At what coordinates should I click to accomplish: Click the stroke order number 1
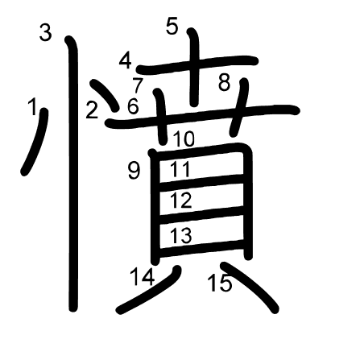coord(33,106)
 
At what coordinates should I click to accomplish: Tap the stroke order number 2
coord(92,110)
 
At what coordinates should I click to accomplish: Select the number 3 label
coord(45,32)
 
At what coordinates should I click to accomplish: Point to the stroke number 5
coord(172,26)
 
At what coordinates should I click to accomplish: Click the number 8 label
coord(225,82)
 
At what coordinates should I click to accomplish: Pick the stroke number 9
coord(134,171)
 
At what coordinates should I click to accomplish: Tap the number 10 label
coord(184,139)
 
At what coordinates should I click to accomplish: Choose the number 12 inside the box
coord(181,201)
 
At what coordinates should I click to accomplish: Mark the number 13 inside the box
coord(181,235)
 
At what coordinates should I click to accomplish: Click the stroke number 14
coord(143,277)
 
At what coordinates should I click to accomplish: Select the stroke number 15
coord(220,283)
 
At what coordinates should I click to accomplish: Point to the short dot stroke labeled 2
coord(106,95)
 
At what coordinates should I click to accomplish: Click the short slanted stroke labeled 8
coord(238,107)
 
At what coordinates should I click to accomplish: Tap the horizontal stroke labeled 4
coord(197,64)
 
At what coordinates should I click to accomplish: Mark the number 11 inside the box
coord(180,169)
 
